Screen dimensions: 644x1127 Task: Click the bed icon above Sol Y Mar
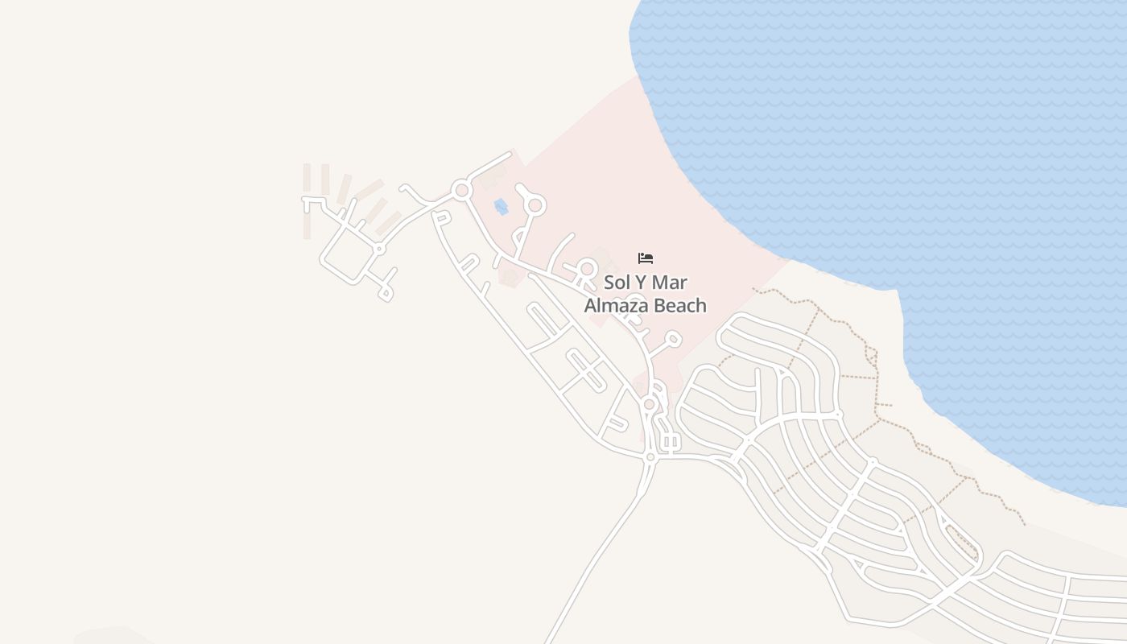646,258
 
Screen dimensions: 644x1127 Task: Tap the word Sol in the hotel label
617,283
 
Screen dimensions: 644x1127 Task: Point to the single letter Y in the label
642,283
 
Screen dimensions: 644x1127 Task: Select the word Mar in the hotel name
671,283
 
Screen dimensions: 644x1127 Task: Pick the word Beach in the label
680,306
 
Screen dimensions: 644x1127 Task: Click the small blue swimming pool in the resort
501,207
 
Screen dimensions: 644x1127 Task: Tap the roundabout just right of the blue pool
535,206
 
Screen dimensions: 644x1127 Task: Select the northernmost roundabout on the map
461,192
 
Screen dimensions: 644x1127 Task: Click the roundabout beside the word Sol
588,269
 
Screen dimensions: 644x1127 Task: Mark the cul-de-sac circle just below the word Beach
674,340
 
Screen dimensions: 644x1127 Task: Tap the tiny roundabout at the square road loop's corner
379,250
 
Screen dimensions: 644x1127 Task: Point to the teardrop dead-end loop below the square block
386,293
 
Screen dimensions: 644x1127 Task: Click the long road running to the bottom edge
596,555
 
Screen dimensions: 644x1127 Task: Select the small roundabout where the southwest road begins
650,456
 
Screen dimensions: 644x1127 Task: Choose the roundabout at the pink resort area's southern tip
649,403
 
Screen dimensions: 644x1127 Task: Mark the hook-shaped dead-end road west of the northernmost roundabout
412,193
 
